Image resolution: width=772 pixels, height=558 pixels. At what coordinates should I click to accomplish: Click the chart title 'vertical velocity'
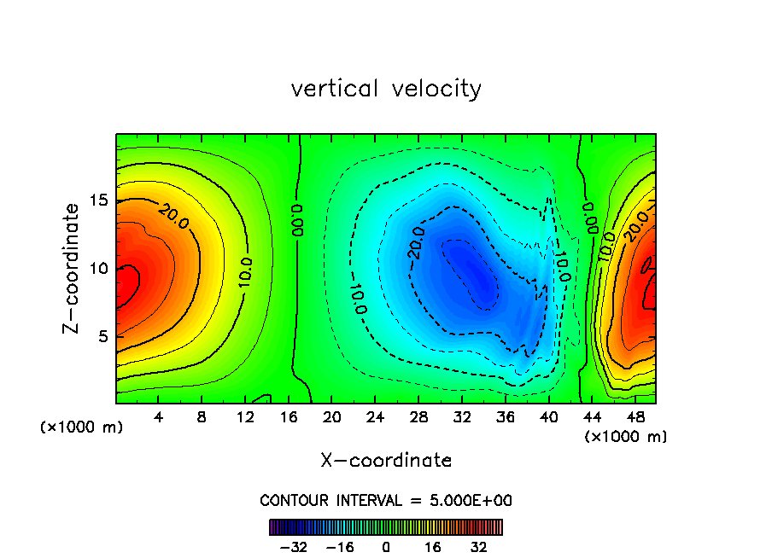point(386,89)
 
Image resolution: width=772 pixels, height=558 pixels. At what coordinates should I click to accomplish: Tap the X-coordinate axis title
point(386,461)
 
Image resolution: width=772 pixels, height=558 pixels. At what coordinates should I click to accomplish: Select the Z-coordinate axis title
point(73,268)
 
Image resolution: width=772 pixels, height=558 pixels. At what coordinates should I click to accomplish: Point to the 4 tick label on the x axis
point(159,417)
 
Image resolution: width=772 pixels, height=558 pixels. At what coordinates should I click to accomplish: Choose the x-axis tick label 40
point(547,417)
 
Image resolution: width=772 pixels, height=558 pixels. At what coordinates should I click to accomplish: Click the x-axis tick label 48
point(635,417)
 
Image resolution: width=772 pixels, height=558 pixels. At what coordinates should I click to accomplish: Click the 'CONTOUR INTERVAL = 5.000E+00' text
point(386,500)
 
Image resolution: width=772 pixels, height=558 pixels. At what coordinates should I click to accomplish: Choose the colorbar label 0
point(386,546)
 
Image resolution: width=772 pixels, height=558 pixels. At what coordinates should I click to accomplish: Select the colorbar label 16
point(433,546)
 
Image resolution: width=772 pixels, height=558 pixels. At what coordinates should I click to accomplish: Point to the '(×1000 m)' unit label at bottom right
point(626,437)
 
